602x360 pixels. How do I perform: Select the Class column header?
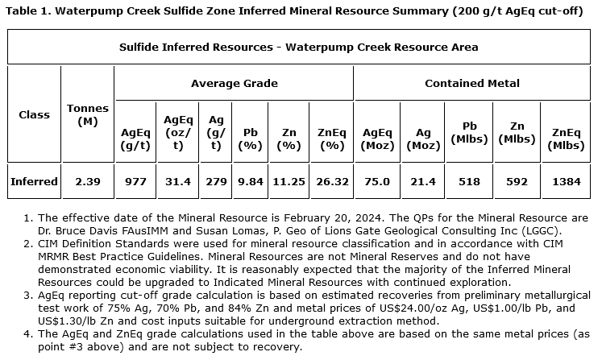pos(34,114)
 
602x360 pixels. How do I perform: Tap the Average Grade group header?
pos(234,83)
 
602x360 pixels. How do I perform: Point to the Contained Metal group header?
pos(471,83)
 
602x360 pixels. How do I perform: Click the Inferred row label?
pos(34,181)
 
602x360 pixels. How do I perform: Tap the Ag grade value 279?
pos(216,181)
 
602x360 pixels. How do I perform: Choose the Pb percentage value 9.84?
pos(251,181)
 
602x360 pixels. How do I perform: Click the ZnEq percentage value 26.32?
pos(331,181)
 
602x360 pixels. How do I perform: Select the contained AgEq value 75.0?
pos(376,181)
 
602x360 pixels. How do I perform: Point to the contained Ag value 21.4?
pos(422,181)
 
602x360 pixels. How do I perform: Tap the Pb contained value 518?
pos(470,181)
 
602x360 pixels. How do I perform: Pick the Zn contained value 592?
pos(517,181)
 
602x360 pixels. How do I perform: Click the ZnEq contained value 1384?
pos(565,181)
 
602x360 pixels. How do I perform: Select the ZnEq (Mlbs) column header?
pos(565,139)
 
